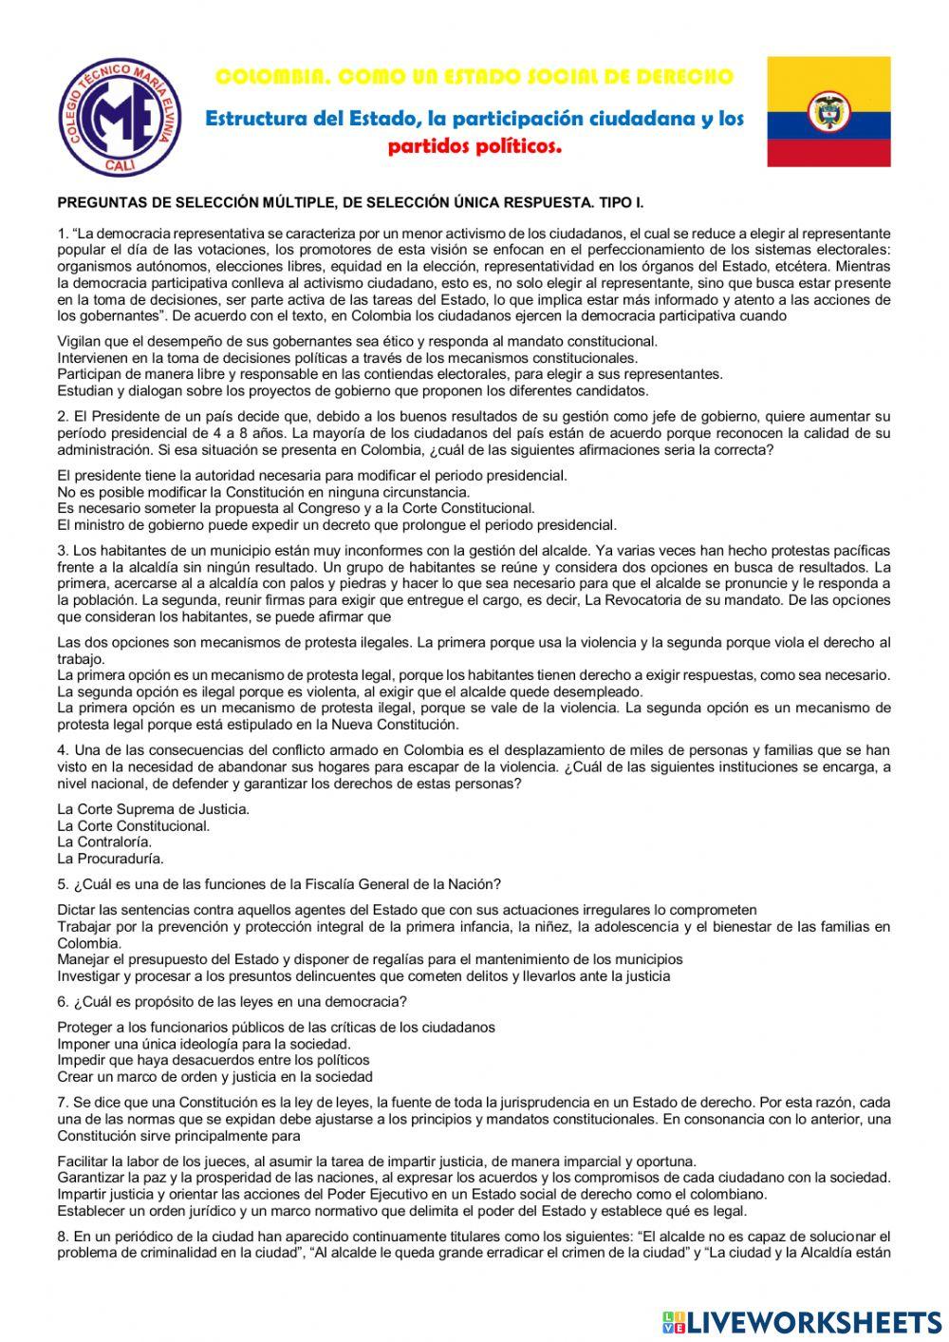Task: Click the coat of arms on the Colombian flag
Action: [828, 112]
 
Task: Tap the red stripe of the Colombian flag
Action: [828, 153]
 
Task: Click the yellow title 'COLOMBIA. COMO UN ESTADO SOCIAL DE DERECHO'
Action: [474, 76]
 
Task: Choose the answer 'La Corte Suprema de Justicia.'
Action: [154, 809]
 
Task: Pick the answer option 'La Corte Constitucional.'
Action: [134, 825]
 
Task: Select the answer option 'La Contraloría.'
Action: [104, 841]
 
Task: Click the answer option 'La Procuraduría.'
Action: [110, 859]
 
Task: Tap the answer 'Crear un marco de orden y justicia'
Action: [215, 1076]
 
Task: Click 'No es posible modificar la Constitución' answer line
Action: [263, 491]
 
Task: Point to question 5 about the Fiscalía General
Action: [279, 883]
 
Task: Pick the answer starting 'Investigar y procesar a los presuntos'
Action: [363, 975]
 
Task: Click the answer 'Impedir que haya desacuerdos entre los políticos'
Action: [214, 1059]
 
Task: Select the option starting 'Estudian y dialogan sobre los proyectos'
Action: [353, 390]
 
